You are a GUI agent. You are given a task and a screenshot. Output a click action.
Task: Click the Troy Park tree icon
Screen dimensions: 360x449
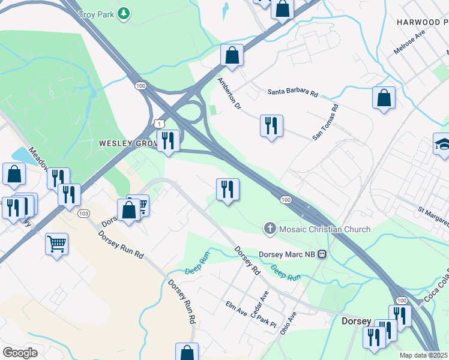(124, 13)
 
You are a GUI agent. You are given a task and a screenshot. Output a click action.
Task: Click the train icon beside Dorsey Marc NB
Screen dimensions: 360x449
(322, 254)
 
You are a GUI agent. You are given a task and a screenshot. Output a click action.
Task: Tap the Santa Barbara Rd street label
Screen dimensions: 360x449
(292, 92)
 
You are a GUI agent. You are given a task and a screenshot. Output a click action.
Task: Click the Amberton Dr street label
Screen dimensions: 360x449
(229, 93)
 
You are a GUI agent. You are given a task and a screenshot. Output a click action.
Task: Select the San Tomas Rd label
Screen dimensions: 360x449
(326, 122)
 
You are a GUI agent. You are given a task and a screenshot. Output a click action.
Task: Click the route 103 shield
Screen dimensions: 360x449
(83, 213)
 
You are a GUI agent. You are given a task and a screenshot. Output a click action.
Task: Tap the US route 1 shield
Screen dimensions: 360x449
(158, 123)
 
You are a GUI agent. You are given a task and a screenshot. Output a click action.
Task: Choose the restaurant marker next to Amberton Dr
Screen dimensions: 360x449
(271, 126)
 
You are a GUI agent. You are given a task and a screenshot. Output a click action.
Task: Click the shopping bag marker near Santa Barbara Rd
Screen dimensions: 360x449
(384, 98)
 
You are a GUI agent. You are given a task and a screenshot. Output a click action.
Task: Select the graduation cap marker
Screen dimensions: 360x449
(443, 144)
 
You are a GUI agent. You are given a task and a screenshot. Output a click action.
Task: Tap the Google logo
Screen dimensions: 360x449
(20, 352)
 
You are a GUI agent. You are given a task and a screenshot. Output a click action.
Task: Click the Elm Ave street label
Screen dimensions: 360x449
(236, 309)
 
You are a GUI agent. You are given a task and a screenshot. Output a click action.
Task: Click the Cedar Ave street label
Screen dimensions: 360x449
(261, 297)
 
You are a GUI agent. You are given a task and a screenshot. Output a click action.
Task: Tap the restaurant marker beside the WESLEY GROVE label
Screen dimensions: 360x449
(168, 141)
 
